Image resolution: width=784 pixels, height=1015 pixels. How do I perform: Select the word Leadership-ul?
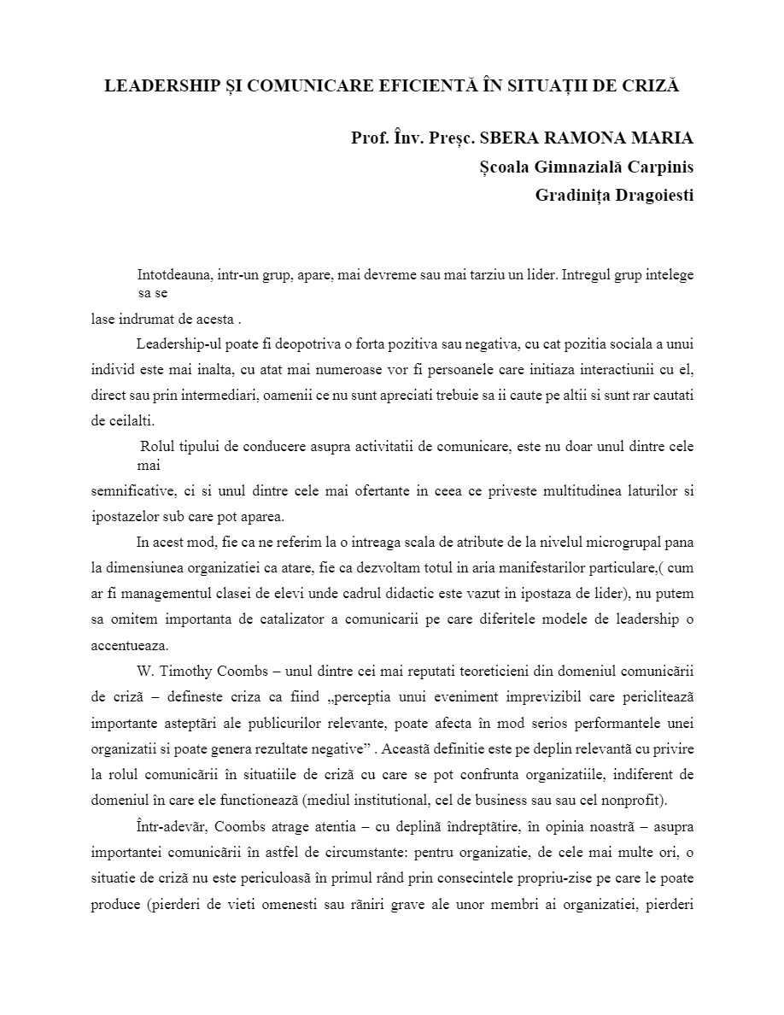(175, 344)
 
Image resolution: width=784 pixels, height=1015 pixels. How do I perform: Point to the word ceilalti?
(128, 420)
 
